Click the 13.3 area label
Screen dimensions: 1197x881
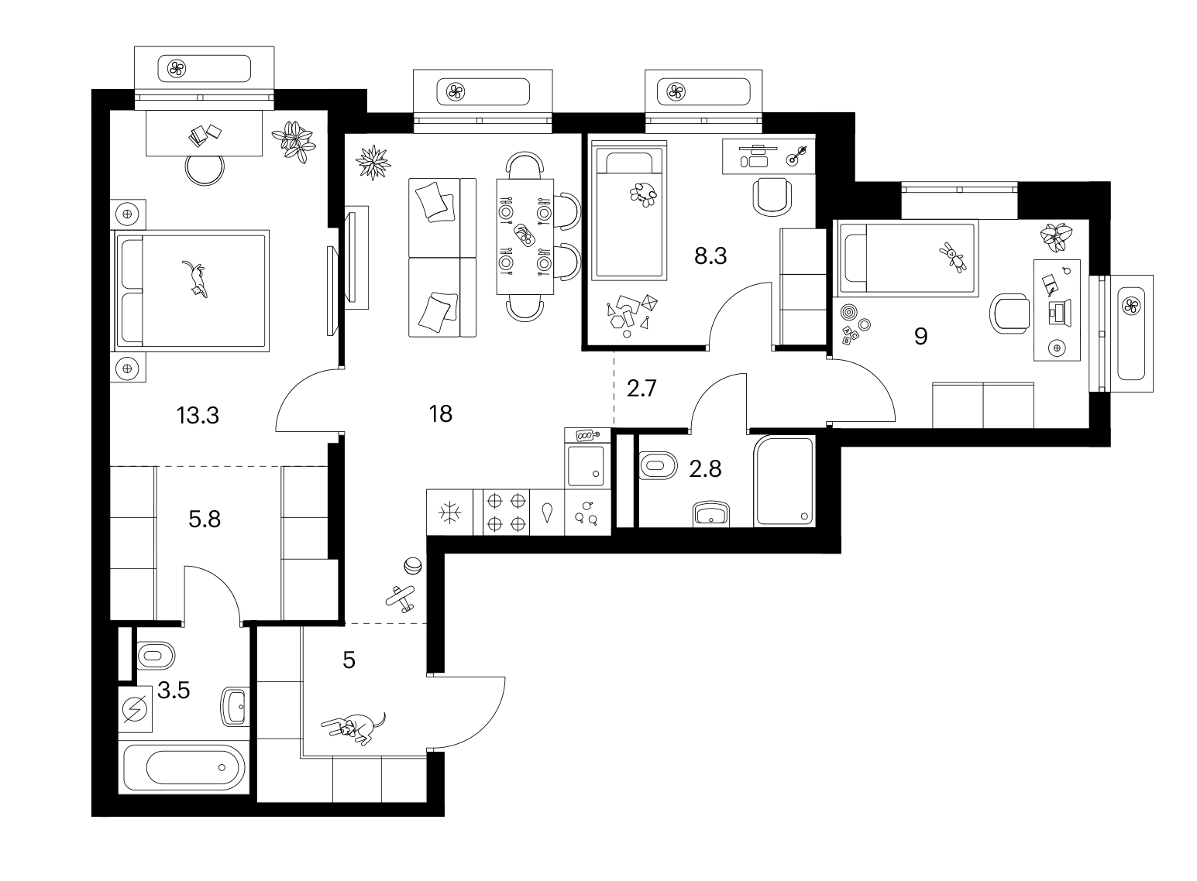(x=198, y=415)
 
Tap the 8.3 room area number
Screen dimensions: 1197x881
(x=710, y=255)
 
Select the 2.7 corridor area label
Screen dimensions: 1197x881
(x=641, y=388)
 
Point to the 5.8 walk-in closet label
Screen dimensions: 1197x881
(x=205, y=519)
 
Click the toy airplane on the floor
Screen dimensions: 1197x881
(x=401, y=599)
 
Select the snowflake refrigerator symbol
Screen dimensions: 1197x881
(x=449, y=512)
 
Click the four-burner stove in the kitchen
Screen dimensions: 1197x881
(x=506, y=512)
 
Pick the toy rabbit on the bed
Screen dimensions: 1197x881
(x=953, y=257)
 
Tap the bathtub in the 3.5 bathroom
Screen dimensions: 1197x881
(x=184, y=768)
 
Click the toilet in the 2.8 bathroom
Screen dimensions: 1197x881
(x=658, y=465)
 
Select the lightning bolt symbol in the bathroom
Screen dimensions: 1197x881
(x=135, y=709)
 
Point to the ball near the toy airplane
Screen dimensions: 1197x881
(x=412, y=566)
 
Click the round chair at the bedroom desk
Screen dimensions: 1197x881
(x=205, y=170)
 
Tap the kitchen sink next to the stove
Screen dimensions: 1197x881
(x=547, y=512)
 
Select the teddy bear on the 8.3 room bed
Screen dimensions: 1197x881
(x=643, y=194)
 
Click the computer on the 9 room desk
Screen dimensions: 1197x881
(x=1060, y=312)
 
